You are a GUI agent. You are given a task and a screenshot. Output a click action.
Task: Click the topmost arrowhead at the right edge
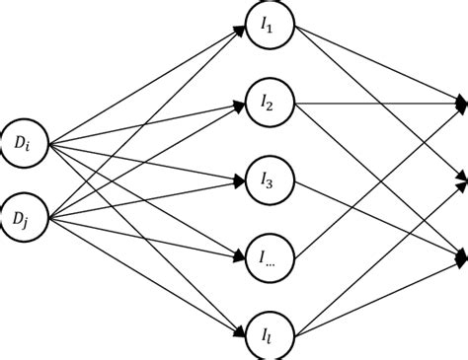pos(461,102)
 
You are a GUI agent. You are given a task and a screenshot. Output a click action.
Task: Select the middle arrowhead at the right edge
pos(461,179)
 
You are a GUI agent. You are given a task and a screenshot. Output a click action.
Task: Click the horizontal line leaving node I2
pos(375,101)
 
